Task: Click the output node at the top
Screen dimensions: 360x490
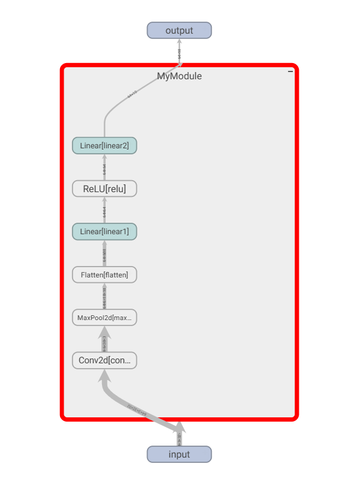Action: click(179, 31)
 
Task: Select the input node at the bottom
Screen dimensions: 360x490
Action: click(179, 454)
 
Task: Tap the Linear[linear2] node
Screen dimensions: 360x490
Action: click(104, 145)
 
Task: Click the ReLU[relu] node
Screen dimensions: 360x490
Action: click(104, 189)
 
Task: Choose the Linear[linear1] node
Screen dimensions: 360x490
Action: click(104, 231)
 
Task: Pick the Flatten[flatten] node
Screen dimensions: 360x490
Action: click(104, 274)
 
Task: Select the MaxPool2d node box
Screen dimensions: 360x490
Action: click(104, 317)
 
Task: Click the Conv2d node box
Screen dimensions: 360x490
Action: click(104, 360)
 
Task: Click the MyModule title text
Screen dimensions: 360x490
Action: click(179, 76)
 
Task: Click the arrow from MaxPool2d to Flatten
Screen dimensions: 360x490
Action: click(104, 297)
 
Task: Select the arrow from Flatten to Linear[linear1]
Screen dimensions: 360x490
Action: click(104, 254)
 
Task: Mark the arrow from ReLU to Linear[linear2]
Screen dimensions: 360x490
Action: click(104, 168)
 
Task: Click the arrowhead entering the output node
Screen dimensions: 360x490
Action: click(179, 43)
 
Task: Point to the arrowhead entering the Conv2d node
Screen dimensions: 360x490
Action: click(104, 375)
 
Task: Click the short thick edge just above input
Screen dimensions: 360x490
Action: click(179, 437)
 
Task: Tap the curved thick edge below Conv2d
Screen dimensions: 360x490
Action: click(135, 408)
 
